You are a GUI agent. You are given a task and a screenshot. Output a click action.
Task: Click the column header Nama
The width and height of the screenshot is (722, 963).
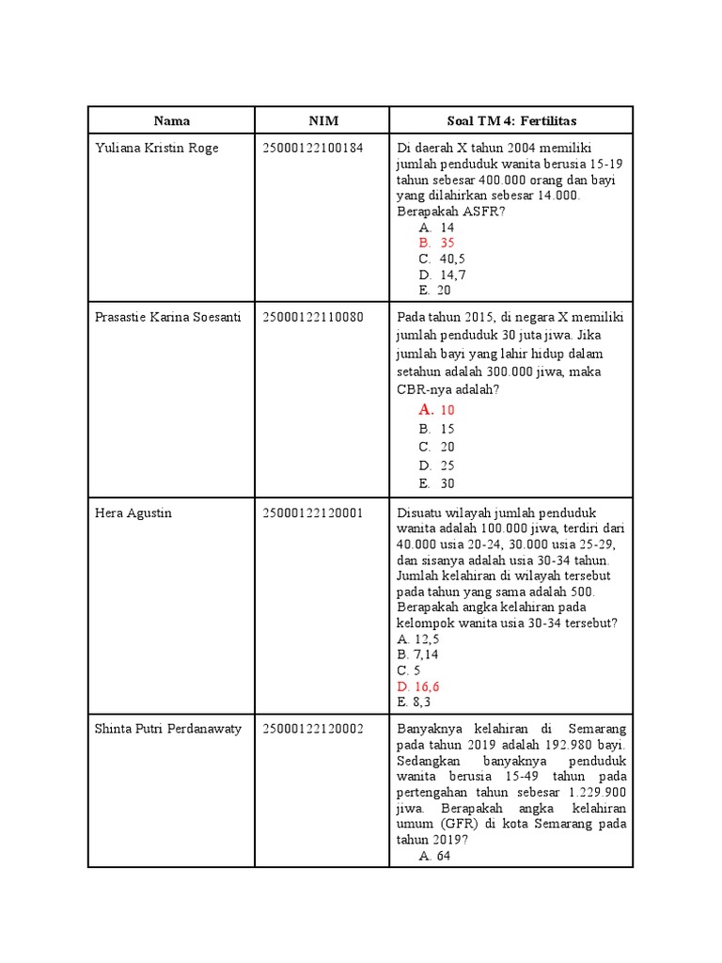pyautogui.click(x=171, y=120)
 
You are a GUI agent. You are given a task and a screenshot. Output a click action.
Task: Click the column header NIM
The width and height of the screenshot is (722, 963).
pyautogui.click(x=323, y=120)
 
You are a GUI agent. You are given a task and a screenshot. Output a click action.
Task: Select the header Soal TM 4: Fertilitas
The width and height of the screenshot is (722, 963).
pyautogui.click(x=510, y=120)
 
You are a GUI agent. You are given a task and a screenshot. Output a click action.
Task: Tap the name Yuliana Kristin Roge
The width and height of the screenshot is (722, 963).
pyautogui.click(x=156, y=148)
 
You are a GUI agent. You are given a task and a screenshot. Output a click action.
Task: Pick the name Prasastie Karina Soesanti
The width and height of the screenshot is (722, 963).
pyautogui.click(x=168, y=317)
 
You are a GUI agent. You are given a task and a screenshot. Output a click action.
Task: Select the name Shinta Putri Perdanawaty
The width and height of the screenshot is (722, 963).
pyautogui.click(x=168, y=729)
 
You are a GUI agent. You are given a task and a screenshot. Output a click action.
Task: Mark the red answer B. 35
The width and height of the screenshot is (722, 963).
pyautogui.click(x=437, y=243)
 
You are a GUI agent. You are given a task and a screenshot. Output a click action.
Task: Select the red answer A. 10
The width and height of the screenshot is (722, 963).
pyautogui.click(x=437, y=410)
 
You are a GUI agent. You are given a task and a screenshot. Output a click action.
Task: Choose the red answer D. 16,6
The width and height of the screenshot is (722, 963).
pyautogui.click(x=418, y=687)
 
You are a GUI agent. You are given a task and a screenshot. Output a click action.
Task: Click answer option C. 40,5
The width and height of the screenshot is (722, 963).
pyautogui.click(x=443, y=259)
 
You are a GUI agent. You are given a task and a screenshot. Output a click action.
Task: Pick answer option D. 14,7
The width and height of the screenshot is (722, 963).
pyautogui.click(x=443, y=275)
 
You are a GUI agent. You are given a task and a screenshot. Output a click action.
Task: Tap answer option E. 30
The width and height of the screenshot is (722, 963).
pyautogui.click(x=437, y=483)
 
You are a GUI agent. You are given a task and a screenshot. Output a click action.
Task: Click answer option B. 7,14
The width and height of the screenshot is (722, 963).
pyautogui.click(x=418, y=655)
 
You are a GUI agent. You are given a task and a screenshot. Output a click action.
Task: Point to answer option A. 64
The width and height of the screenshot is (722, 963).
pyautogui.click(x=437, y=856)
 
